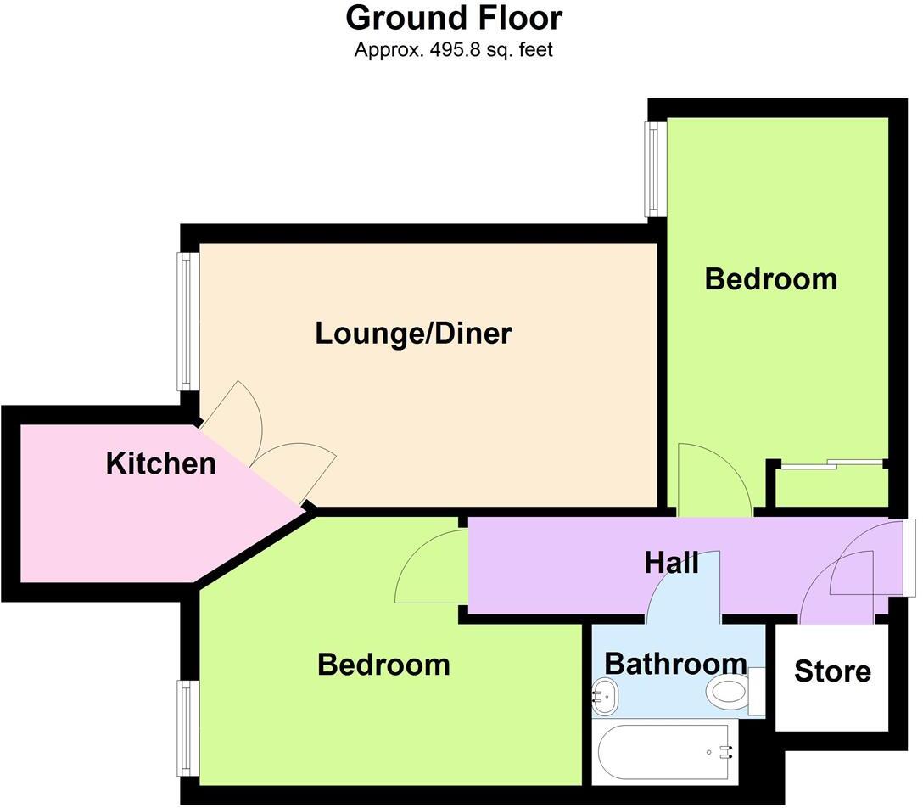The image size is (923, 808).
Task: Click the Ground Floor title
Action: click(x=454, y=18)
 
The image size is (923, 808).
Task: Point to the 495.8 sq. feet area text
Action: click(x=454, y=50)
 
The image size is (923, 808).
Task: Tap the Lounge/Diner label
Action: click(x=413, y=334)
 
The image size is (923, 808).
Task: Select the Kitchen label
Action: click(x=161, y=463)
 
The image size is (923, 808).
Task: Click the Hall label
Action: click(x=671, y=562)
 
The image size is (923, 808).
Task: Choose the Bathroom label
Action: click(x=675, y=663)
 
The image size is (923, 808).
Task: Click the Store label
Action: click(x=832, y=671)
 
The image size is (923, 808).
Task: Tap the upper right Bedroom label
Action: click(x=770, y=278)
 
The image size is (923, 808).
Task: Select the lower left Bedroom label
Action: click(x=383, y=664)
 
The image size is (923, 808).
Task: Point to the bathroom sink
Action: click(x=605, y=695)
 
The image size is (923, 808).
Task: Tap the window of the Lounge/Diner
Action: click(x=183, y=322)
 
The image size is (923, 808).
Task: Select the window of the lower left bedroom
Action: click(x=183, y=727)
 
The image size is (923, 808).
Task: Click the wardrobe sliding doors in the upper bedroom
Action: click(x=832, y=464)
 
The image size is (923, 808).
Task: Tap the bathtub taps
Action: click(x=725, y=749)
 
